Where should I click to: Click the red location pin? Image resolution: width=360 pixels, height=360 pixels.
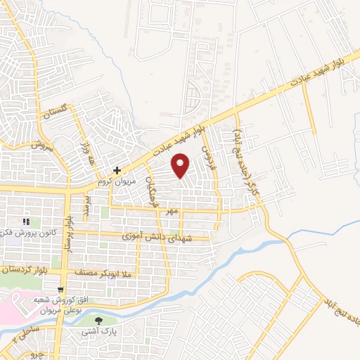click(181, 165)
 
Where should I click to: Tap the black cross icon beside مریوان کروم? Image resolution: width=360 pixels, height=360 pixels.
click(117, 169)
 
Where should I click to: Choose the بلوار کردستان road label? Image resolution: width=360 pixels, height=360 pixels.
click(27, 269)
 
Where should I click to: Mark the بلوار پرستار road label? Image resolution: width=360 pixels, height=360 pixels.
click(68, 233)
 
